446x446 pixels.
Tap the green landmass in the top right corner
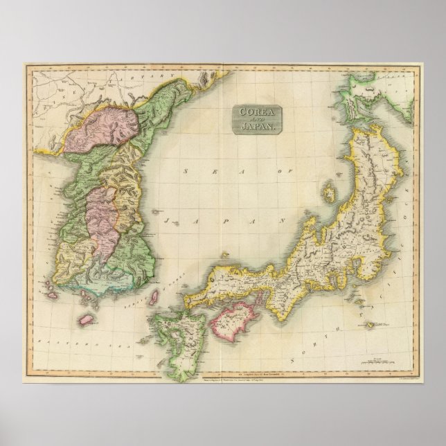pyautogui.click(x=367, y=90)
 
